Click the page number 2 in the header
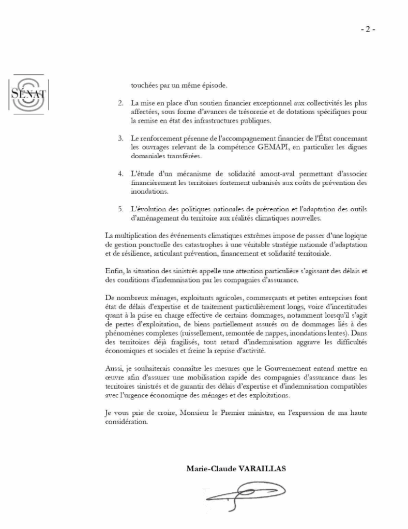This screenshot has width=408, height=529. click(x=368, y=29)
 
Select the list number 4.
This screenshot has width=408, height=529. click(x=119, y=169)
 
